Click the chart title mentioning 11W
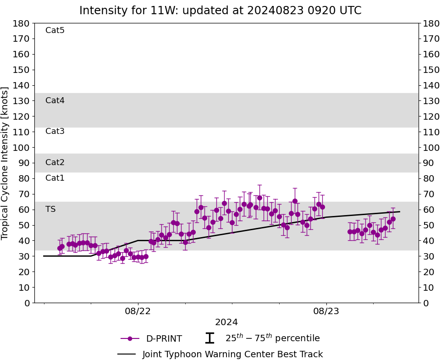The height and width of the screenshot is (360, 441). click(x=220, y=11)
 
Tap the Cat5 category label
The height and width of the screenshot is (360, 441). click(x=55, y=30)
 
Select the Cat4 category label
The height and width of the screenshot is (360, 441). click(x=55, y=100)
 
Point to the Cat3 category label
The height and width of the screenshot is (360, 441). click(x=55, y=131)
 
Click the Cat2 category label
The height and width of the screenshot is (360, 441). click(x=55, y=162)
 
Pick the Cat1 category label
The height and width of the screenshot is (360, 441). click(x=55, y=178)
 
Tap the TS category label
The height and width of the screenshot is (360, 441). click(x=50, y=209)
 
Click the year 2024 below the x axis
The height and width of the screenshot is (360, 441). click(x=226, y=322)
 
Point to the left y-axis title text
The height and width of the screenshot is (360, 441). click(x=6, y=163)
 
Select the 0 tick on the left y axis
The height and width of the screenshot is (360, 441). click(x=27, y=303)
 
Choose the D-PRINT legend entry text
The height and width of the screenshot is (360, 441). click(x=164, y=339)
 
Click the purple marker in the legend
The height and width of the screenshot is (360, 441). click(x=130, y=338)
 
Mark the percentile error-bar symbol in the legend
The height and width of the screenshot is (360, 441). click(x=209, y=338)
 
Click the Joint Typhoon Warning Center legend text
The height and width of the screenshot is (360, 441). click(x=232, y=354)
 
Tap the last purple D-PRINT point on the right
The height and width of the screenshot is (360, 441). click(x=393, y=219)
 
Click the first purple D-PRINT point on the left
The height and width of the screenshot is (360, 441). click(x=60, y=248)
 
